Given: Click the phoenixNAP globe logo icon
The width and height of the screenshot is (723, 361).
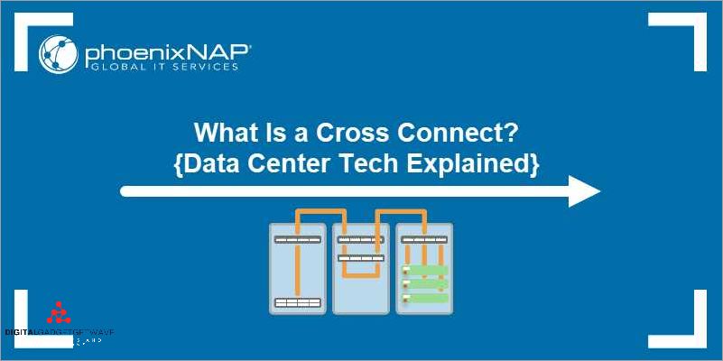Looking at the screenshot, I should click(x=57, y=54).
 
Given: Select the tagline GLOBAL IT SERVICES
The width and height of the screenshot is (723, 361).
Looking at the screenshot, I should click(x=162, y=67).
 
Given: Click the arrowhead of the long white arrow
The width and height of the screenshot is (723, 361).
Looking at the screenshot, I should click(x=585, y=190).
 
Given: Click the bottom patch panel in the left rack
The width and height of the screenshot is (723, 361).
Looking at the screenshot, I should click(x=298, y=302).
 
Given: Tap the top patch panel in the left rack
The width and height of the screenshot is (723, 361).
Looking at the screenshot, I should click(x=298, y=239).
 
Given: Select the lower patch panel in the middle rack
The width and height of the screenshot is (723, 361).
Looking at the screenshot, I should click(x=361, y=258).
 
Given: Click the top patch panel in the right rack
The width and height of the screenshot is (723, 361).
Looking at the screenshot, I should click(x=424, y=239).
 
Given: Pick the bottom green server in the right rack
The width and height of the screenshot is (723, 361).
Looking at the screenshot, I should click(x=427, y=298).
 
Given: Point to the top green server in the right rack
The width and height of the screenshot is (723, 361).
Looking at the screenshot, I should click(x=427, y=269).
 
